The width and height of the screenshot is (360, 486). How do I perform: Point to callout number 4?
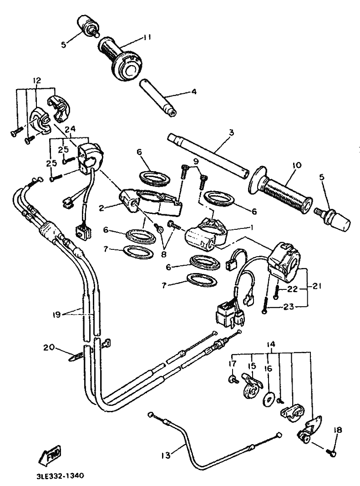194,91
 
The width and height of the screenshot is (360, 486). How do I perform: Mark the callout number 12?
37,81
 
